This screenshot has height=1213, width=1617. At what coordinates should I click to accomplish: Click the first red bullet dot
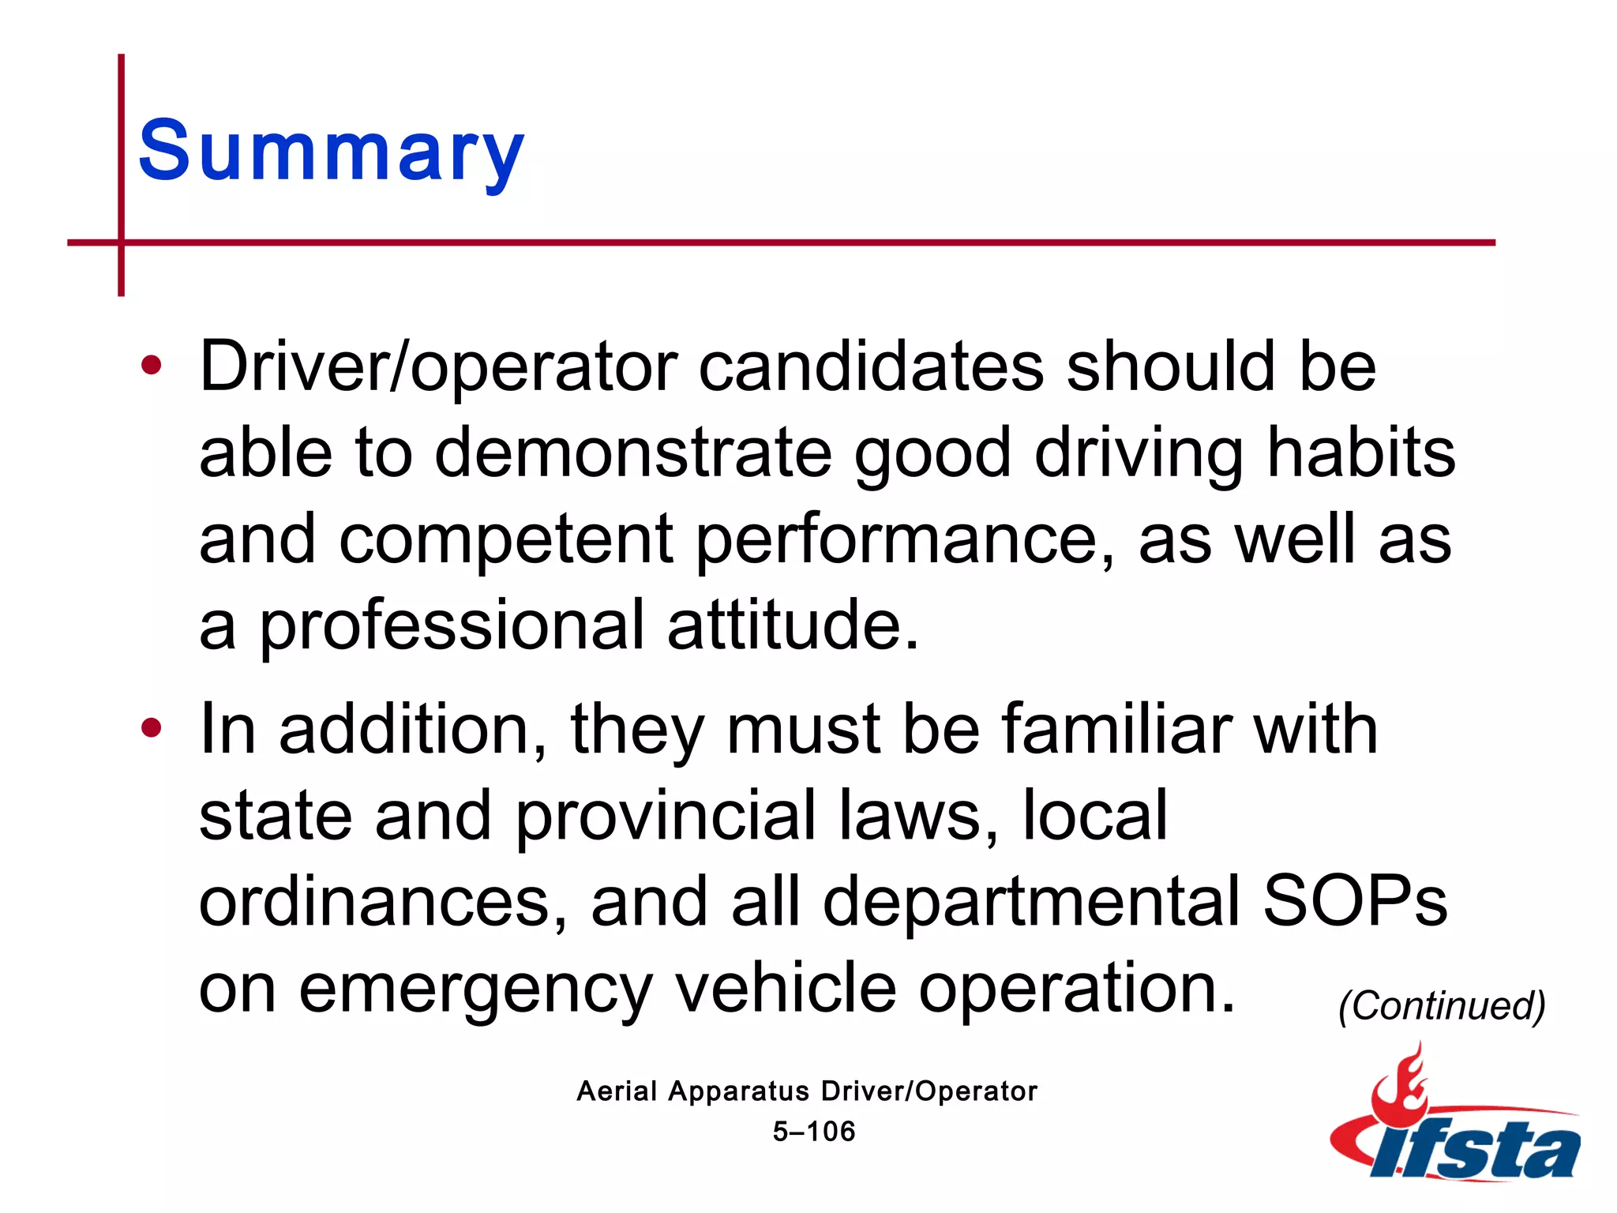(x=151, y=365)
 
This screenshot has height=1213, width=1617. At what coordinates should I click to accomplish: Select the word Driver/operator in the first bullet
(x=438, y=367)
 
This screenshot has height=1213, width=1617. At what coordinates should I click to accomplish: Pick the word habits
(x=1360, y=453)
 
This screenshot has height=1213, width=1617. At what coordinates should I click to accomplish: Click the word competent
(x=506, y=540)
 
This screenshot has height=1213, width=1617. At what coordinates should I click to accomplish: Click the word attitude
(x=793, y=626)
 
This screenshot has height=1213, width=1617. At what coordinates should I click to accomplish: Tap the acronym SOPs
(x=1355, y=902)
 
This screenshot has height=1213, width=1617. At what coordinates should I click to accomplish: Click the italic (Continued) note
(x=1442, y=1005)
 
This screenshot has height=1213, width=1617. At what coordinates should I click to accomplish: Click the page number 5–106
(x=814, y=1132)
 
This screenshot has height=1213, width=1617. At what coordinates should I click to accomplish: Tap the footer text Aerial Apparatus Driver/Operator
(x=807, y=1091)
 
